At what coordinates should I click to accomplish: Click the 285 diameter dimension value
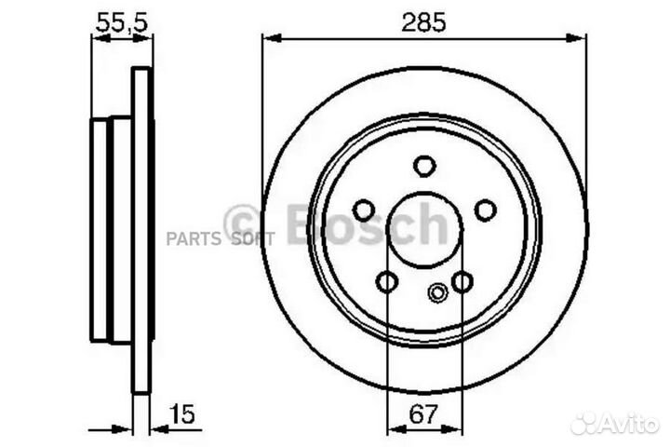424,21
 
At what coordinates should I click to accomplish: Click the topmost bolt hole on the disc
424,167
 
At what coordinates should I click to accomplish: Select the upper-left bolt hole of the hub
364,210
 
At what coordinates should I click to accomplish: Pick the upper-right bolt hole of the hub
485,210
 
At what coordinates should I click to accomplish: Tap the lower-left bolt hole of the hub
387,281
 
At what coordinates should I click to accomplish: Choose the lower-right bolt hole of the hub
462,281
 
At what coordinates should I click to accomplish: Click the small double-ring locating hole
436,292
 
